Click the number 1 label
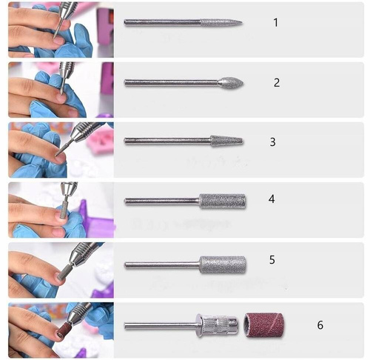(x=276, y=23)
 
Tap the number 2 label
(x=277, y=82)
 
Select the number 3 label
(x=272, y=141)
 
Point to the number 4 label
(x=272, y=199)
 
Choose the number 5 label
(x=272, y=260)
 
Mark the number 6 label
(x=320, y=324)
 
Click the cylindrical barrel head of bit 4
(x=222, y=201)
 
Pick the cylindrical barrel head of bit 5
(x=222, y=264)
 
